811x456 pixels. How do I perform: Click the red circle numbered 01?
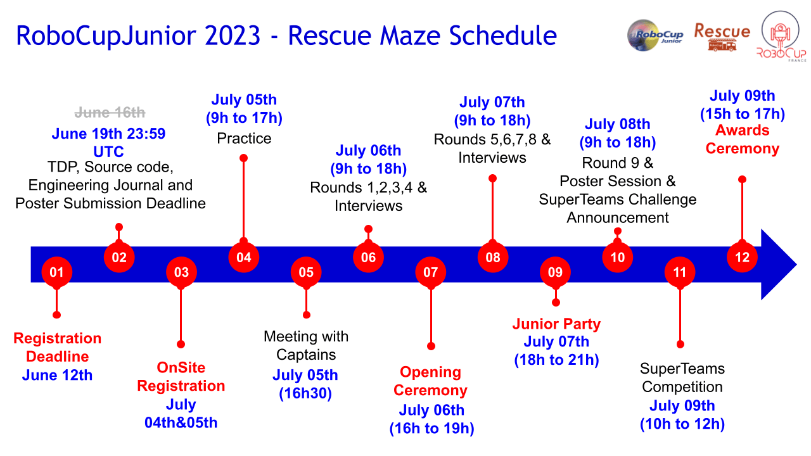[x=57, y=272]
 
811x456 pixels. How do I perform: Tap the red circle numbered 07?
[x=430, y=272]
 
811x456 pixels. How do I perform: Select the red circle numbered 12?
[x=742, y=257]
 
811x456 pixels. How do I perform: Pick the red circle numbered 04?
[x=244, y=257]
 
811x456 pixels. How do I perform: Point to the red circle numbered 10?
[x=618, y=257]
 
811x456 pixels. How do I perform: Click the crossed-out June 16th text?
[x=110, y=113]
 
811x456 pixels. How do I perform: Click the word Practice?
[x=244, y=139]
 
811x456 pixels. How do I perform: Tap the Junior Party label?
[x=556, y=324]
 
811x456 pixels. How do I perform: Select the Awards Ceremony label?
[x=742, y=139]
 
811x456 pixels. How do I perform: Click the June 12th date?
[x=57, y=376]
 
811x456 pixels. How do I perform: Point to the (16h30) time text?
[x=305, y=393]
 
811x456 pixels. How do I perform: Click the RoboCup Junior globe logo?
[x=655, y=35]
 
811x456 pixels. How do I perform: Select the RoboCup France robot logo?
[x=781, y=36]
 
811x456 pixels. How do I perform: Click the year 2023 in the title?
[x=233, y=35]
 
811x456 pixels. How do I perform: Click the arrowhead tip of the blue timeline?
[x=796, y=265]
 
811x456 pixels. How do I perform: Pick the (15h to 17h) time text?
[x=742, y=113]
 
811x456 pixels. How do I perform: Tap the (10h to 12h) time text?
[x=682, y=424]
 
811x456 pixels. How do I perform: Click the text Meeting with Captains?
[x=306, y=346]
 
